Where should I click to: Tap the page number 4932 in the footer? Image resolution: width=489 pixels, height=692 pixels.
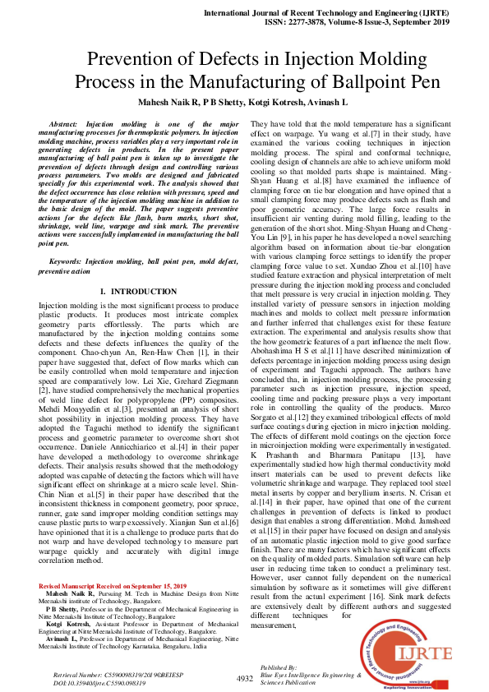click(x=244, y=679)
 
